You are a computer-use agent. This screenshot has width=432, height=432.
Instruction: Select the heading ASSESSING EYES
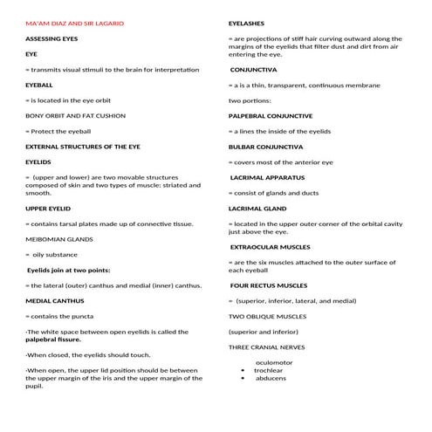51,39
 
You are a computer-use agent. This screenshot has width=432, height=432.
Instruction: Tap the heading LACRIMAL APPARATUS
270,176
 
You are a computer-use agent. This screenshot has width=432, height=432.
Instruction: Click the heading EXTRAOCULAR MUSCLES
271,247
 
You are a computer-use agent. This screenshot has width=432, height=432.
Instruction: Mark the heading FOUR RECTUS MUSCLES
269,285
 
